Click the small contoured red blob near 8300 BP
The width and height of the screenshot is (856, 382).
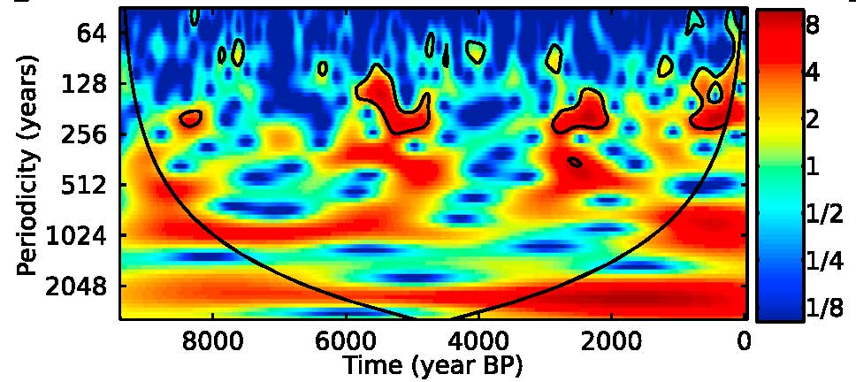191,118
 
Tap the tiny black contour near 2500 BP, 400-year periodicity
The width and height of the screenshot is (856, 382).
575,162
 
